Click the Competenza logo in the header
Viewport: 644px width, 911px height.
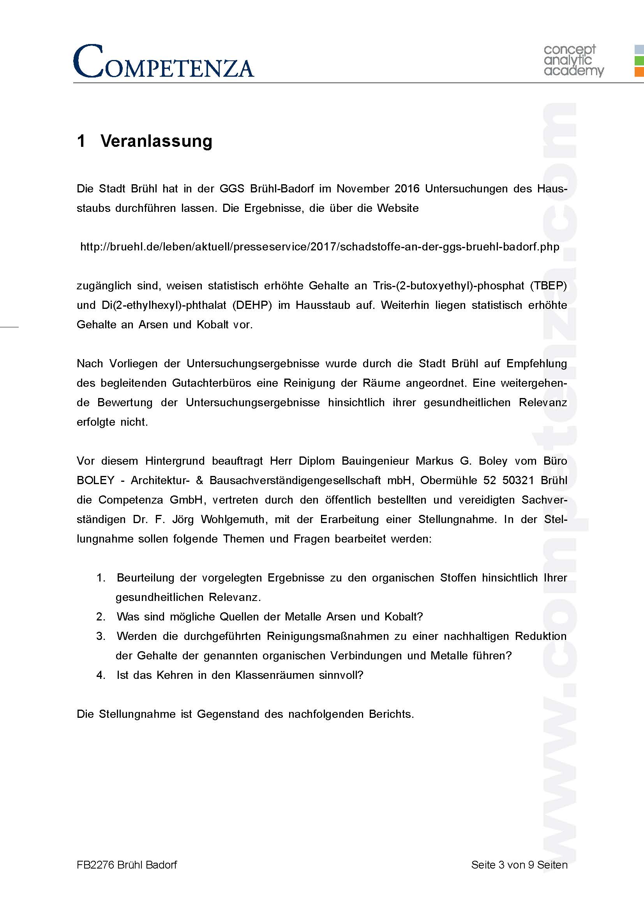click(x=163, y=62)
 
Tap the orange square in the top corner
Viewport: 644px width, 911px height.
click(x=639, y=72)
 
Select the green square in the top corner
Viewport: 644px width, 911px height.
click(x=639, y=61)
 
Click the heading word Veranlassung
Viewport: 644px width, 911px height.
click(x=156, y=141)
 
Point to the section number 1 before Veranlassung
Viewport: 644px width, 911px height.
click(x=81, y=141)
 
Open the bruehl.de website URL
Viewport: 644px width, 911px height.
click(x=319, y=247)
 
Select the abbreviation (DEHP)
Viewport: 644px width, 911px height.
click(x=252, y=305)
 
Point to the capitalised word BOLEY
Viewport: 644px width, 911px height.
click(x=95, y=481)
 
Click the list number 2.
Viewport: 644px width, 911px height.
click(x=101, y=617)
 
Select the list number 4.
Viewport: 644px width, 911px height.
click(x=101, y=675)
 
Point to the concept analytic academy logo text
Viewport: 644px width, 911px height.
click(x=573, y=60)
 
